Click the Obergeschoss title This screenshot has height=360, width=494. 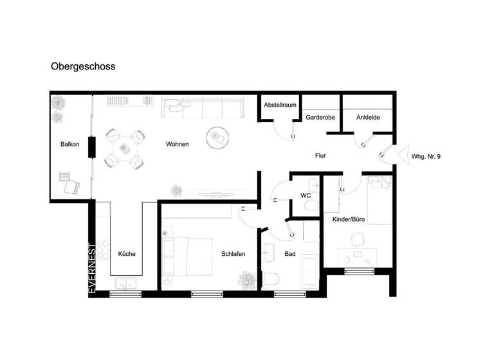83,66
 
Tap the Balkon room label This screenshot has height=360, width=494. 69,144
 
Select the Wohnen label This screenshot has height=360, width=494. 177,144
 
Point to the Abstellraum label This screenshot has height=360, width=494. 279,104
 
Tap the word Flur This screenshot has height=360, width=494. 322,156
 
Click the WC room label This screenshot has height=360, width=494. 306,195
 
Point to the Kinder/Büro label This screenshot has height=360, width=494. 349,220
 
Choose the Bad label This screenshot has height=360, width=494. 290,254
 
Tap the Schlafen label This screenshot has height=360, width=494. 232,254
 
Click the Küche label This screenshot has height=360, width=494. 127,254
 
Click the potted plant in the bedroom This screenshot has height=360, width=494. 246,279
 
